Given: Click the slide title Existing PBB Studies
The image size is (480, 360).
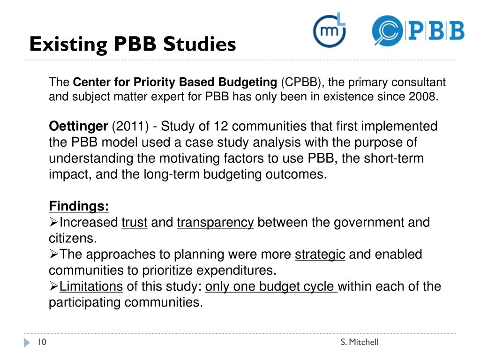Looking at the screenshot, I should point(132,45).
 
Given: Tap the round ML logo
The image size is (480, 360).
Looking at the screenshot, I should point(330,31).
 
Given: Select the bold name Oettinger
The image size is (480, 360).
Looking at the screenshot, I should point(78,127).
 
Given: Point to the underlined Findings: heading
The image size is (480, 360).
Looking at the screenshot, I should point(79,206).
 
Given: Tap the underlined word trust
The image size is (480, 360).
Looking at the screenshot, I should point(135,222).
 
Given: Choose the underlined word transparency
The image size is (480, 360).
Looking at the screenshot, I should point(215,222).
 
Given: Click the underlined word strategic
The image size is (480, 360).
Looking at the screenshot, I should point(320,255).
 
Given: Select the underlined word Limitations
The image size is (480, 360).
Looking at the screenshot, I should point(91,286).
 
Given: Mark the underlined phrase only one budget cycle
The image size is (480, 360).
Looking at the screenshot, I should point(271,286).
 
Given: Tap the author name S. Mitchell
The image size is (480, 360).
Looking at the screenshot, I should point(360,342).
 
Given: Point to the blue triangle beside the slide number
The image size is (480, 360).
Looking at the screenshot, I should point(27,342).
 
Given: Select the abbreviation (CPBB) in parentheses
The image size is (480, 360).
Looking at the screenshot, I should point(300,83).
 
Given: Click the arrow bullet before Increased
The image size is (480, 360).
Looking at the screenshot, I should point(53,222).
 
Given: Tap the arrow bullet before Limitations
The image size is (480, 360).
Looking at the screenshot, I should point(53,286).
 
